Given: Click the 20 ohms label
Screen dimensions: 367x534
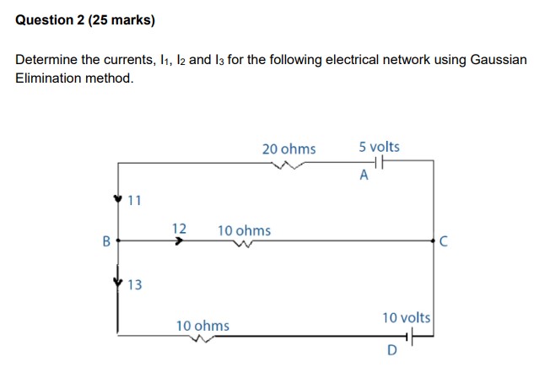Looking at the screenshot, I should pyautogui.click(x=289, y=149).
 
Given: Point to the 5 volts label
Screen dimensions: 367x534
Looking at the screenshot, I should pyautogui.click(x=379, y=148).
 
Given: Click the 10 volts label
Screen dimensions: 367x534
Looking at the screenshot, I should pyautogui.click(x=406, y=318).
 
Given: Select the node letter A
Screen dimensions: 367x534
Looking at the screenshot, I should pyautogui.click(x=364, y=176).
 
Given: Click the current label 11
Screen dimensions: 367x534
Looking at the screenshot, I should pyautogui.click(x=135, y=201).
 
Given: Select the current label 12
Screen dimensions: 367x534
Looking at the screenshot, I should pyautogui.click(x=179, y=229).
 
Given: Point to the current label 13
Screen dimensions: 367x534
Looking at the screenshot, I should pyautogui.click(x=135, y=285).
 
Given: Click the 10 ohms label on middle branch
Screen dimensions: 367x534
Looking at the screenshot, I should pyautogui.click(x=244, y=230).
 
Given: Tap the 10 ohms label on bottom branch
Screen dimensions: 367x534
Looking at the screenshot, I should pyautogui.click(x=202, y=325).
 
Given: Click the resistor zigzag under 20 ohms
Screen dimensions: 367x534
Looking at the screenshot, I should pyautogui.click(x=289, y=166).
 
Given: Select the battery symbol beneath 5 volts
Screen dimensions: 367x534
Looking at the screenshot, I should pyautogui.click(x=377, y=164).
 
